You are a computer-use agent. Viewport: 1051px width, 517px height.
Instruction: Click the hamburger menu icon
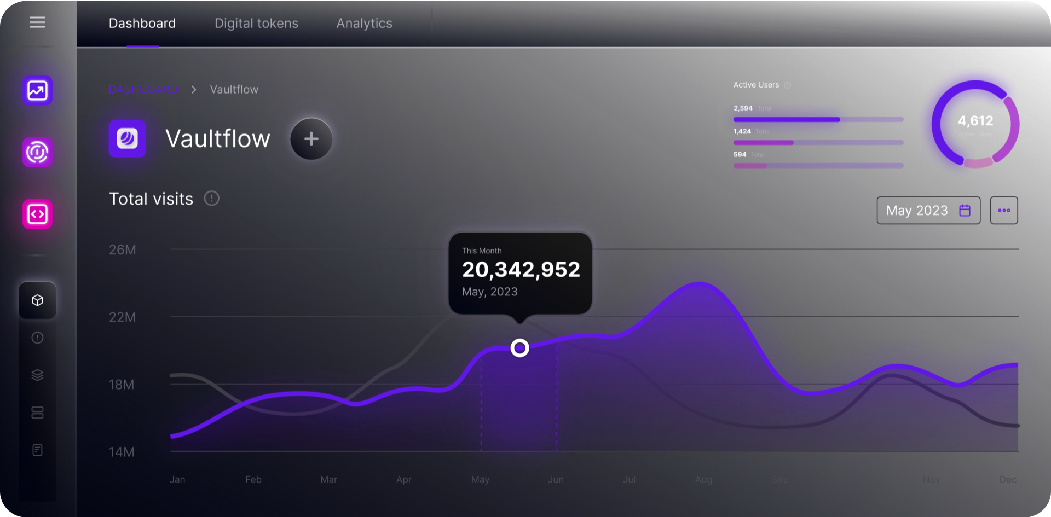[37, 22]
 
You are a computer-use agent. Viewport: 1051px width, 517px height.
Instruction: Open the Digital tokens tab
[256, 24]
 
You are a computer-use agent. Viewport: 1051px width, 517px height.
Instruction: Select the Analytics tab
[364, 24]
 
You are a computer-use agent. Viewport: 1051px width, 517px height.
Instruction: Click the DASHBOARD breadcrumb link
[143, 89]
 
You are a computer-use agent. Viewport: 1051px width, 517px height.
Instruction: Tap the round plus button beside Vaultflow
[311, 139]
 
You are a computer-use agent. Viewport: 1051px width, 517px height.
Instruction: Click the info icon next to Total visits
[211, 199]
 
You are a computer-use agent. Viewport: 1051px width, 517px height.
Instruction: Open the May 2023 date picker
[928, 211]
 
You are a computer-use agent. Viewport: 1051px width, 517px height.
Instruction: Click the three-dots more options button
[1003, 211]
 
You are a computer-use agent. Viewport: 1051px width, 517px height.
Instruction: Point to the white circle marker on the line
[519, 348]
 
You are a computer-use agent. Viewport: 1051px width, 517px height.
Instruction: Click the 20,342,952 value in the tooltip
[521, 270]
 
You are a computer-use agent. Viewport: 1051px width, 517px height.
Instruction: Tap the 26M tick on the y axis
[123, 250]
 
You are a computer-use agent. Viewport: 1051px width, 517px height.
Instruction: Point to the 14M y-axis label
[122, 452]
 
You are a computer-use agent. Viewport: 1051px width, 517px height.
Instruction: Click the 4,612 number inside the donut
[975, 121]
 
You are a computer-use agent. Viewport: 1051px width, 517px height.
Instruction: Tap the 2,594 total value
[743, 108]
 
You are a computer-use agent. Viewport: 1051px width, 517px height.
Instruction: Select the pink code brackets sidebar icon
[37, 214]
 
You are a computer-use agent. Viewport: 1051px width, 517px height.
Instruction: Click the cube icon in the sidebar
[37, 300]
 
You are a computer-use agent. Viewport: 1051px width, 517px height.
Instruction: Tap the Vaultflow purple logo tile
[128, 139]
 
